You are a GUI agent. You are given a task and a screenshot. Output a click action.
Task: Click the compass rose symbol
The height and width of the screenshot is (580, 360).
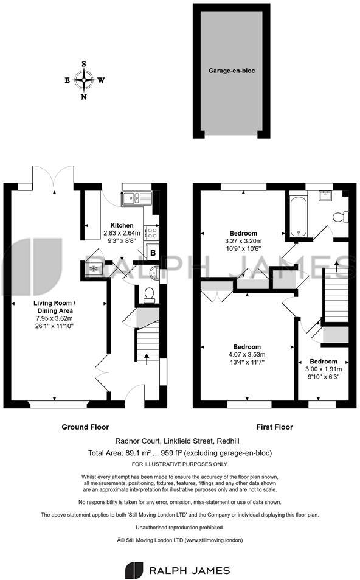tap(84, 79)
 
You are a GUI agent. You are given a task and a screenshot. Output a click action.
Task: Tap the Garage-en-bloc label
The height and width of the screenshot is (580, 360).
tap(231, 71)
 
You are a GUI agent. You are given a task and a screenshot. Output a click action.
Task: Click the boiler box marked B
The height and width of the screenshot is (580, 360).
tap(153, 252)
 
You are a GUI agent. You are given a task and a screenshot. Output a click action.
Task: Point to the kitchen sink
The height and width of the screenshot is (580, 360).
tap(132, 197)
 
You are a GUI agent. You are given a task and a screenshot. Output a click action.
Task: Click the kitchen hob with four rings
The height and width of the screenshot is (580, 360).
tap(152, 232)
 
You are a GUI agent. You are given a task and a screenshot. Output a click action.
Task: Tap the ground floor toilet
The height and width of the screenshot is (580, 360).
tap(148, 295)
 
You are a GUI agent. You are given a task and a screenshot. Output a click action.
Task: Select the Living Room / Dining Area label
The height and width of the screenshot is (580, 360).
tap(55, 307)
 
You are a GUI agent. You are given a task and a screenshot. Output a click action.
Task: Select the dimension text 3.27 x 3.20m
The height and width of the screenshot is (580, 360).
tap(243, 240)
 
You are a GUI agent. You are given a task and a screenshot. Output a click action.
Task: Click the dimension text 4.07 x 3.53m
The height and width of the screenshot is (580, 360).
tap(246, 354)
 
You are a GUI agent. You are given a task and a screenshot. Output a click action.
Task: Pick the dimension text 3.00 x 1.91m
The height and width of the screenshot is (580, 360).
tap(324, 369)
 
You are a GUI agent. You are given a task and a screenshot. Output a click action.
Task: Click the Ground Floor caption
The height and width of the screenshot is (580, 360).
tap(85, 427)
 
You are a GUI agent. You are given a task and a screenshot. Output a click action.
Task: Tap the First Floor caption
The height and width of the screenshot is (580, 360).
tap(271, 427)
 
